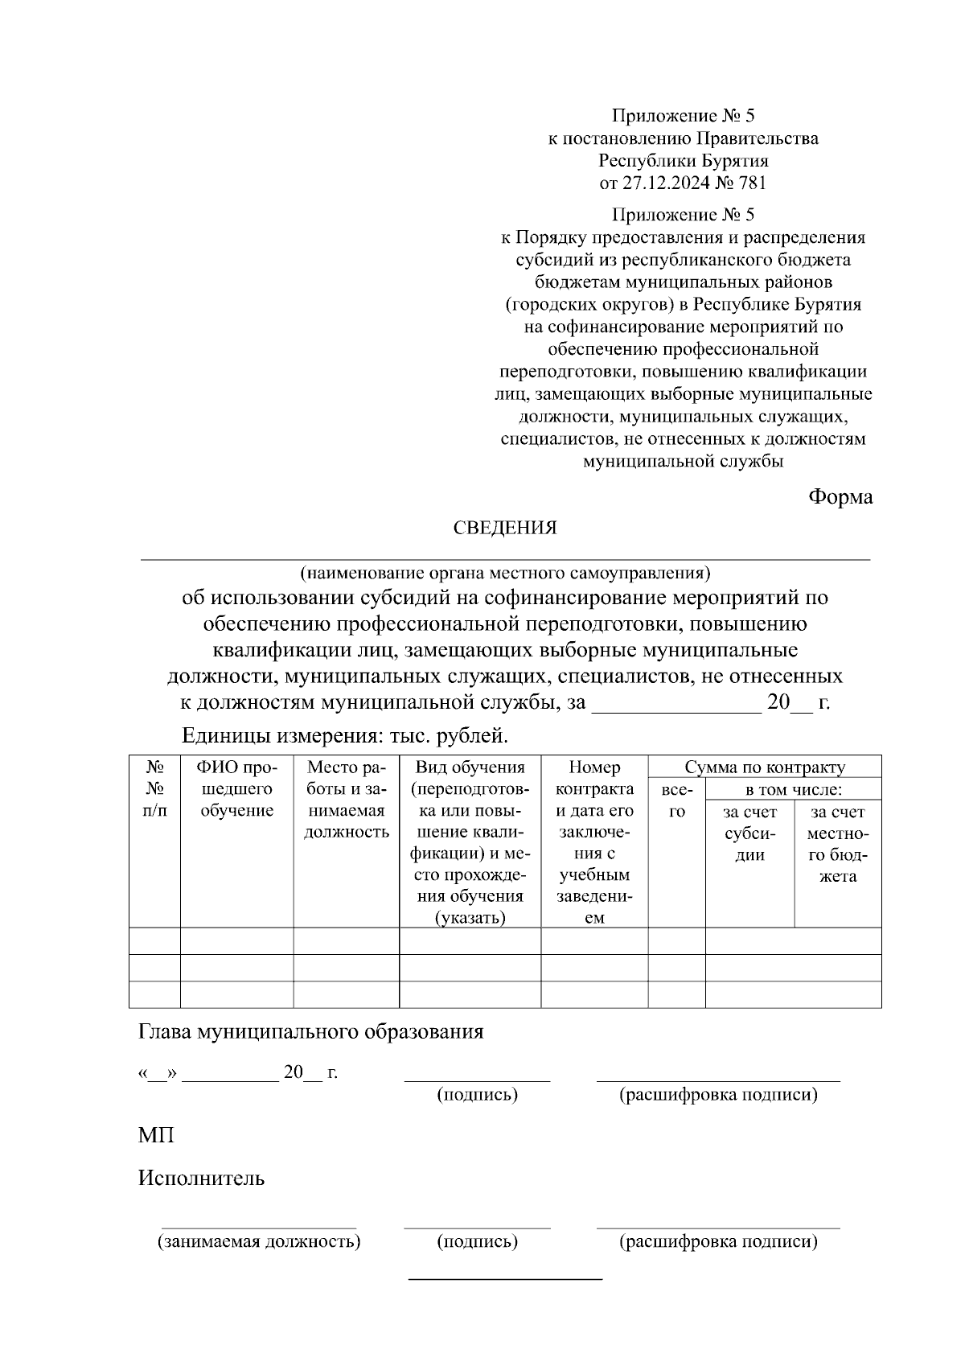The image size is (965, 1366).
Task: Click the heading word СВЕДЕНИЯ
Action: [505, 529]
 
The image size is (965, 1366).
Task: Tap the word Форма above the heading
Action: [840, 497]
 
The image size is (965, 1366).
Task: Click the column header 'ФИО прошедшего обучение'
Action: [236, 789]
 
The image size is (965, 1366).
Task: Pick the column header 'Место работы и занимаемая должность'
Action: [346, 800]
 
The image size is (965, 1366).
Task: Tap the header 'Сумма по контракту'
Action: [765, 767]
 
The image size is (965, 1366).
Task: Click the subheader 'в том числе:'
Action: [793, 790]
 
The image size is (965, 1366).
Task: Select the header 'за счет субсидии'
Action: [749, 833]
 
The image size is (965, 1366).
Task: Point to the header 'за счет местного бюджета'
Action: [837, 844]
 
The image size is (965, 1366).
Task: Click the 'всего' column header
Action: [676, 800]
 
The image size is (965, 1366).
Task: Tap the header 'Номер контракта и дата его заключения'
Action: [594, 841]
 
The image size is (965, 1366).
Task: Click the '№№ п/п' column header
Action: [155, 789]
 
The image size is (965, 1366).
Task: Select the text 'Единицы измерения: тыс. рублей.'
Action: [346, 735]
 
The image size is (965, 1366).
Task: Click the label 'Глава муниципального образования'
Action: [311, 1031]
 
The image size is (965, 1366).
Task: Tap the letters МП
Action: [156, 1135]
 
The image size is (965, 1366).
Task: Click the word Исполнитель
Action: [201, 1179]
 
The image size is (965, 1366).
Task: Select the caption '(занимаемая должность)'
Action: [259, 1241]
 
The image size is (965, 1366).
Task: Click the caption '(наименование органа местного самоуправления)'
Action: [505, 574]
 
